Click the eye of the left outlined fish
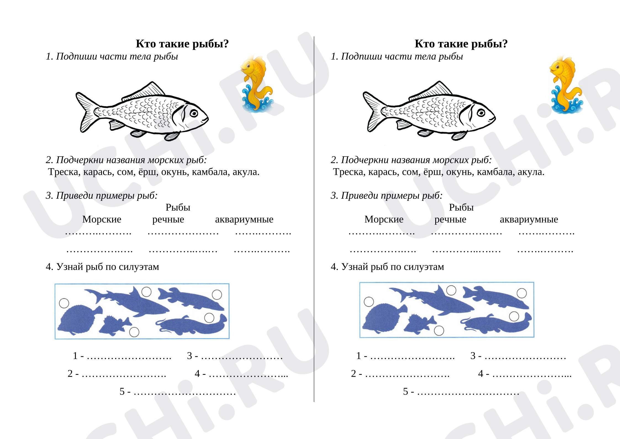coord(194,113)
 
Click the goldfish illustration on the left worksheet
coord(257,84)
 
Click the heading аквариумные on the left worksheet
coord(244,219)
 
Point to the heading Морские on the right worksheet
coord(384,219)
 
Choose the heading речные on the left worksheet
coord(168,219)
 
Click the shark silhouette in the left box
coord(127,301)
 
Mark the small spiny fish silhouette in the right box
coord(420,323)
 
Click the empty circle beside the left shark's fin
coord(146,292)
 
